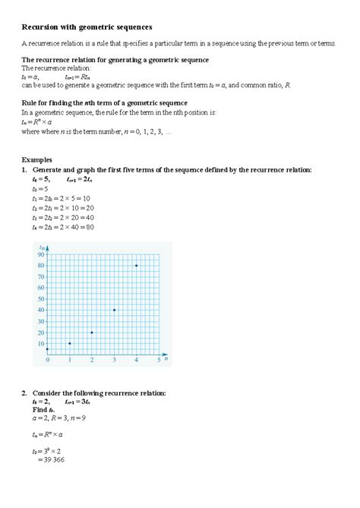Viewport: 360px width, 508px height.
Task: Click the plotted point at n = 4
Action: (x=136, y=266)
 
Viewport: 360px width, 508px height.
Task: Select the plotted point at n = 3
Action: (x=114, y=310)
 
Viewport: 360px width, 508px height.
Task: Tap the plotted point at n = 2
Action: (x=92, y=333)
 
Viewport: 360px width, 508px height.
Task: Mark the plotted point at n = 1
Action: (x=69, y=343)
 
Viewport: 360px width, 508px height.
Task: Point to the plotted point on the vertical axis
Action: (x=47, y=349)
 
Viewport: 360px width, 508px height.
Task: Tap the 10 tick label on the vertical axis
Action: (x=40, y=344)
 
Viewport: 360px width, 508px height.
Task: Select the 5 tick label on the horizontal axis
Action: (x=158, y=361)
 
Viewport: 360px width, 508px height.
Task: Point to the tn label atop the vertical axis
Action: (x=41, y=247)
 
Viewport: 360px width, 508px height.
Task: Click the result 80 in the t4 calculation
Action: (x=89, y=226)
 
